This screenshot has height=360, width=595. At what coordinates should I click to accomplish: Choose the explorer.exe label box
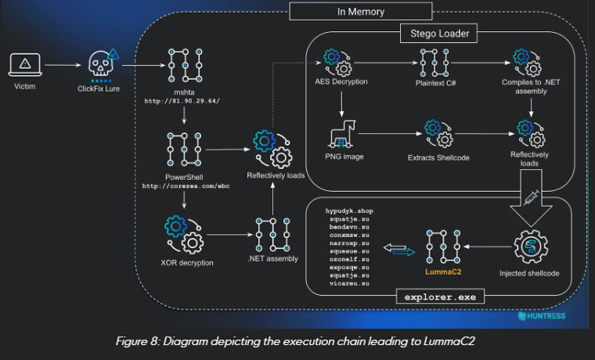439,297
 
